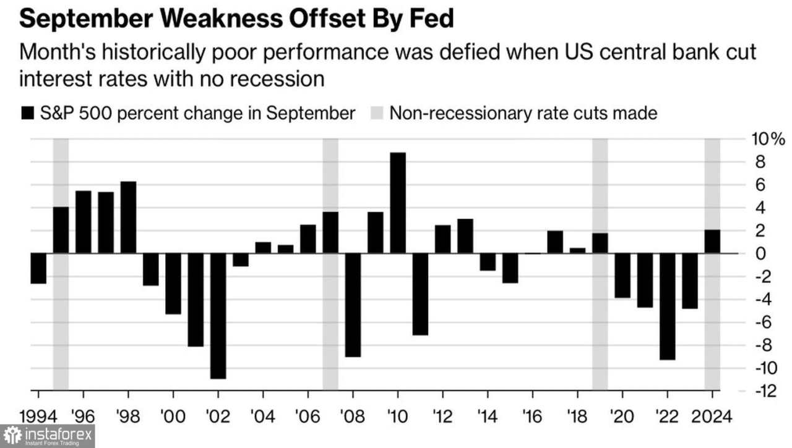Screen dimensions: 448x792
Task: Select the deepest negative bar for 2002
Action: point(218,315)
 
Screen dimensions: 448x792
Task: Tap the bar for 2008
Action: point(353,305)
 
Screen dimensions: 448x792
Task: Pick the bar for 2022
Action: point(667,306)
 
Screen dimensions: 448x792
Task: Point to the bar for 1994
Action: point(38,268)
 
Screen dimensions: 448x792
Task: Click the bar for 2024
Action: point(712,242)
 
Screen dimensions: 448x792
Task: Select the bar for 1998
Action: point(128,217)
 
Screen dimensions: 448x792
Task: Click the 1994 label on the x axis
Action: point(38,415)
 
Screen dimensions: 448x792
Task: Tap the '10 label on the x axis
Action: point(397,415)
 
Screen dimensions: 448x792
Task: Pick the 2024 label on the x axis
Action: point(712,415)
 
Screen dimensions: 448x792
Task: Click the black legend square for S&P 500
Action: point(28,113)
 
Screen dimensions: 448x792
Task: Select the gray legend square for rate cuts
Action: point(377,113)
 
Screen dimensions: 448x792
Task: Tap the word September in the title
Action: point(80,19)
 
